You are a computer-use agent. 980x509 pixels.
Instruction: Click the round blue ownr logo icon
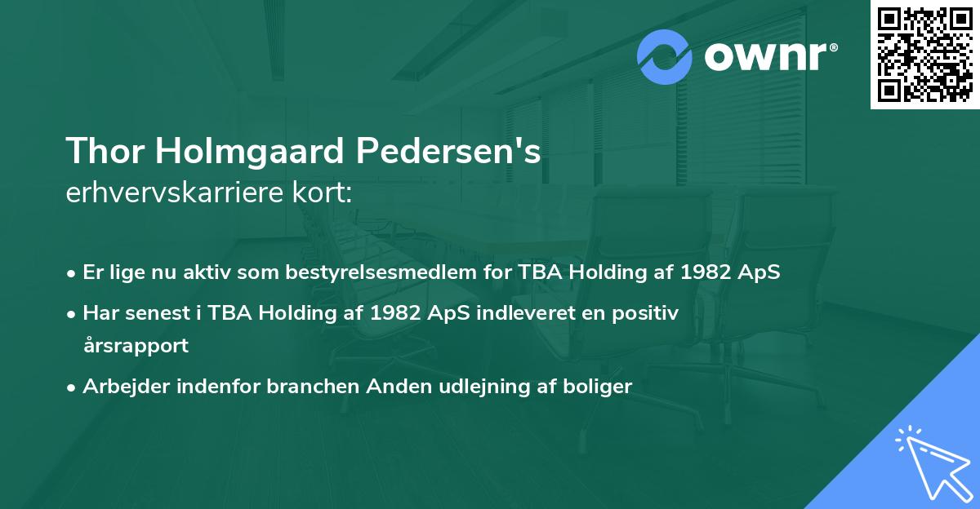[x=665, y=56]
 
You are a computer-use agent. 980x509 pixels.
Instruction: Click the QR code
[x=924, y=55]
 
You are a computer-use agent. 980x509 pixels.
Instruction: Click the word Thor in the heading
[x=100, y=151]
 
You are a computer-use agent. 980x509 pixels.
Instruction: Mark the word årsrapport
[x=136, y=345]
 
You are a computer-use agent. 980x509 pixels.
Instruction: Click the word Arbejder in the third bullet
[x=119, y=387]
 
